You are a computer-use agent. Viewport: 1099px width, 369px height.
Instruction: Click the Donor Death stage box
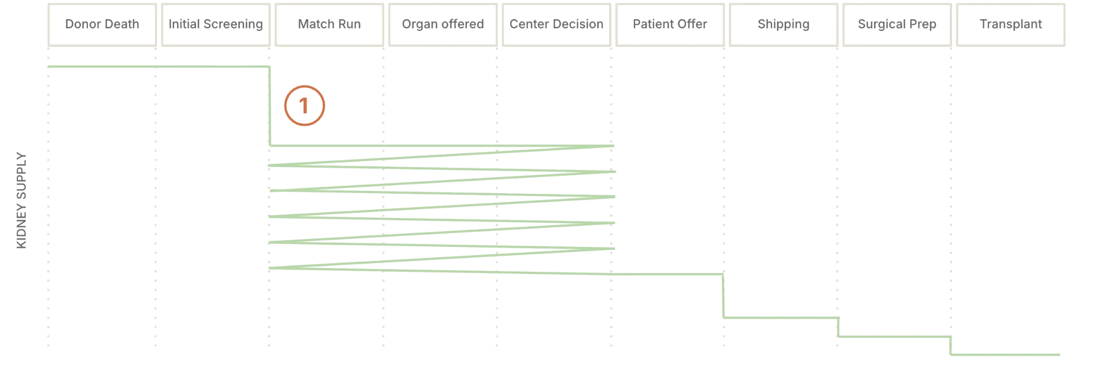[102, 25]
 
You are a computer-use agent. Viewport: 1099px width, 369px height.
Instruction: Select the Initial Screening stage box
[216, 25]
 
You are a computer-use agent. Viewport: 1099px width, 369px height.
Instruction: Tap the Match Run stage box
[329, 25]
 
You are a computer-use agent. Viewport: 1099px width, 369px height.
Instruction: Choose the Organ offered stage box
[443, 25]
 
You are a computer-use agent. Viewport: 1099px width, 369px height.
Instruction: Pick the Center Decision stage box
[556, 25]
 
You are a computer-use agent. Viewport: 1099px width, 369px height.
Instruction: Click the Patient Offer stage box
[670, 25]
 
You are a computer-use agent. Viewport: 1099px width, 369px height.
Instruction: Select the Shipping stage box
[784, 25]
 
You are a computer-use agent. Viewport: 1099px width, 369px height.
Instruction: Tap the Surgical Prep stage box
[897, 25]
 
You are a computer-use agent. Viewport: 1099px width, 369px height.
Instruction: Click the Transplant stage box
[1011, 25]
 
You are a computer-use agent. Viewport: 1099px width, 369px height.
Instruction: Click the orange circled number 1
[305, 106]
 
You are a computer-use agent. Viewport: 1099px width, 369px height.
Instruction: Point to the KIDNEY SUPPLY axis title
[21, 200]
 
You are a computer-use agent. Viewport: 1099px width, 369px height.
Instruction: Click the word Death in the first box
[122, 24]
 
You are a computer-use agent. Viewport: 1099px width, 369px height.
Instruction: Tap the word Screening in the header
[234, 25]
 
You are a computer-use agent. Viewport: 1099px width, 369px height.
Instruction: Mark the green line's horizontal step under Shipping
[781, 318]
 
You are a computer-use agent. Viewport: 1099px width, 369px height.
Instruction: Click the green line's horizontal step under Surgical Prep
[894, 337]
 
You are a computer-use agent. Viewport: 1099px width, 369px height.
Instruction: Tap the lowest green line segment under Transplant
[1005, 355]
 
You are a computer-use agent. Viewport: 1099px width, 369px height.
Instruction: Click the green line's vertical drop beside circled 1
[270, 106]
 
